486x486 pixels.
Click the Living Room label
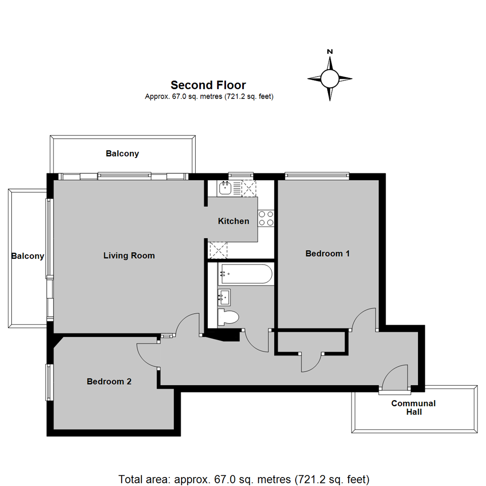(x=129, y=256)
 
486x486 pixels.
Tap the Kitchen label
(x=233, y=221)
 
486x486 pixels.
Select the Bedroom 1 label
(x=327, y=253)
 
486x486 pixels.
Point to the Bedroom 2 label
(x=109, y=382)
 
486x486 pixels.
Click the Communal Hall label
(x=413, y=407)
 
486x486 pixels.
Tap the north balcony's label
(x=122, y=153)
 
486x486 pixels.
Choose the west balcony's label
(x=28, y=256)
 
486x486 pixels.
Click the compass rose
(x=330, y=79)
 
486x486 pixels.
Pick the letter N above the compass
(x=330, y=52)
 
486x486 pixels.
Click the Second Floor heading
(x=208, y=85)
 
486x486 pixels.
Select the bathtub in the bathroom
(x=245, y=274)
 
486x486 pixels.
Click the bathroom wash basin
(x=224, y=297)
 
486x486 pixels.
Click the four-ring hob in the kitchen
(x=266, y=218)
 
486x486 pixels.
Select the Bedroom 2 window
(x=49, y=382)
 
